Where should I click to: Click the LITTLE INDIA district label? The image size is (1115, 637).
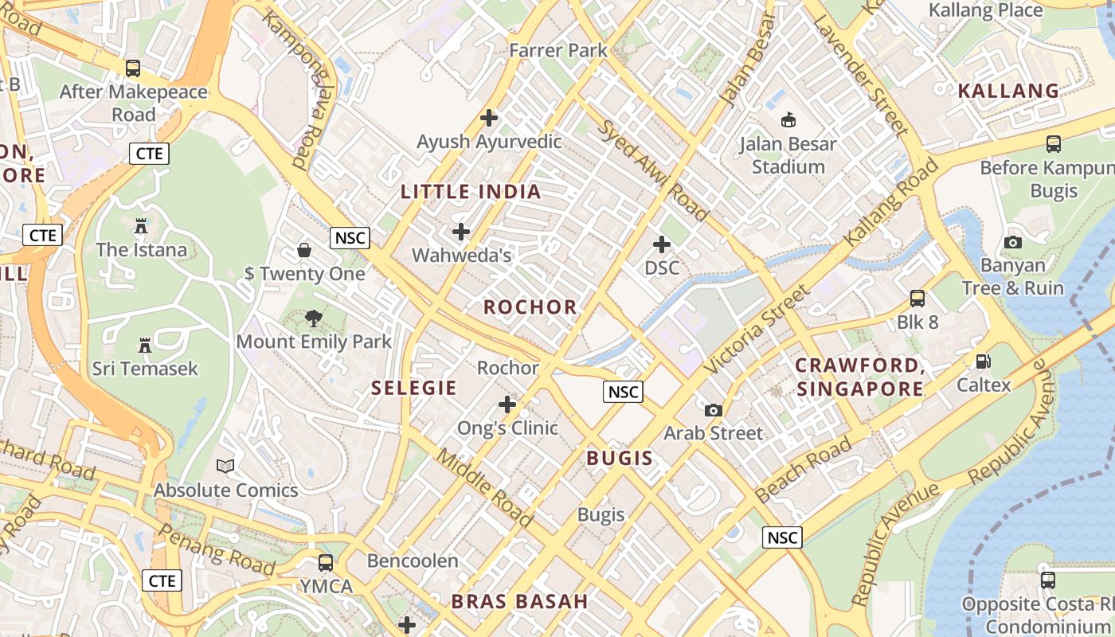pos(471,192)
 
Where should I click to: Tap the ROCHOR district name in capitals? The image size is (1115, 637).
pos(530,307)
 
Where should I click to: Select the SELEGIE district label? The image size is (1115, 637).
pos(414,389)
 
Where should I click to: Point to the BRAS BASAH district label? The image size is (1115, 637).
pos(519,602)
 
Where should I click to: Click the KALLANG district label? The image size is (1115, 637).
pos(1008,91)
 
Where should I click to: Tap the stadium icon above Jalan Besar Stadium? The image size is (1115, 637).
pos(788,119)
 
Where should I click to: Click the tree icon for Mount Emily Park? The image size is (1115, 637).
pos(314,318)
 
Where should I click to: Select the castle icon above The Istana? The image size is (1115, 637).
pos(141,226)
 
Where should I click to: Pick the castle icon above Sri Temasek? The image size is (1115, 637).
pos(145,346)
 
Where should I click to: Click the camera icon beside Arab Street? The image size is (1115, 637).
pos(714,410)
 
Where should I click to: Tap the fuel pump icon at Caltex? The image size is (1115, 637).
pos(984,361)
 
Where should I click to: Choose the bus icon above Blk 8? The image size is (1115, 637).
pos(917,299)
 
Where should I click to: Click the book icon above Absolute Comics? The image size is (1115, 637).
pos(226,466)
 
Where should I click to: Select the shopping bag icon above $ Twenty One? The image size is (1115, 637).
pos(304,250)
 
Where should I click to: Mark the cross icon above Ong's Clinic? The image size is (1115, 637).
pos(507,404)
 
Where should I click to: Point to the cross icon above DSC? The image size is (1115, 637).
pos(662,244)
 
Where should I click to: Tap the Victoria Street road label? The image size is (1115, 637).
pos(757,330)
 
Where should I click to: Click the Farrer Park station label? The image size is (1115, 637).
pos(558,50)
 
